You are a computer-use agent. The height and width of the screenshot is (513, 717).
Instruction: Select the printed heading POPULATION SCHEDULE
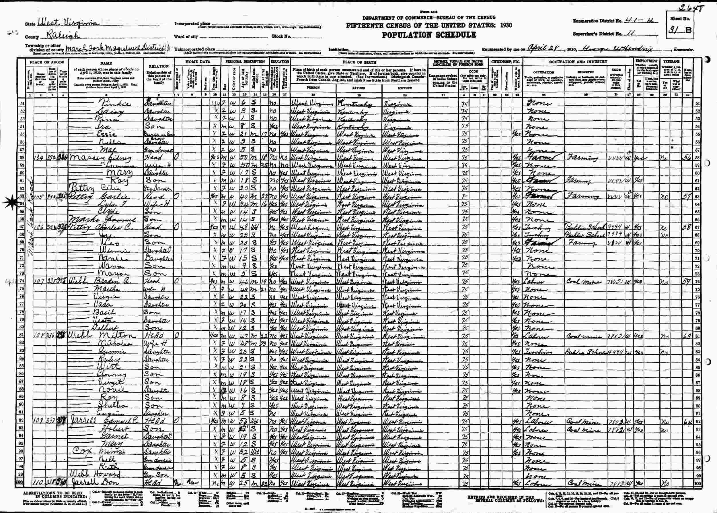(429, 35)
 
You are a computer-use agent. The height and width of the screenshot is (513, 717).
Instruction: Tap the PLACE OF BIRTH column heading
(359, 62)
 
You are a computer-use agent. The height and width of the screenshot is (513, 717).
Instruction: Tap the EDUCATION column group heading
(279, 62)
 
